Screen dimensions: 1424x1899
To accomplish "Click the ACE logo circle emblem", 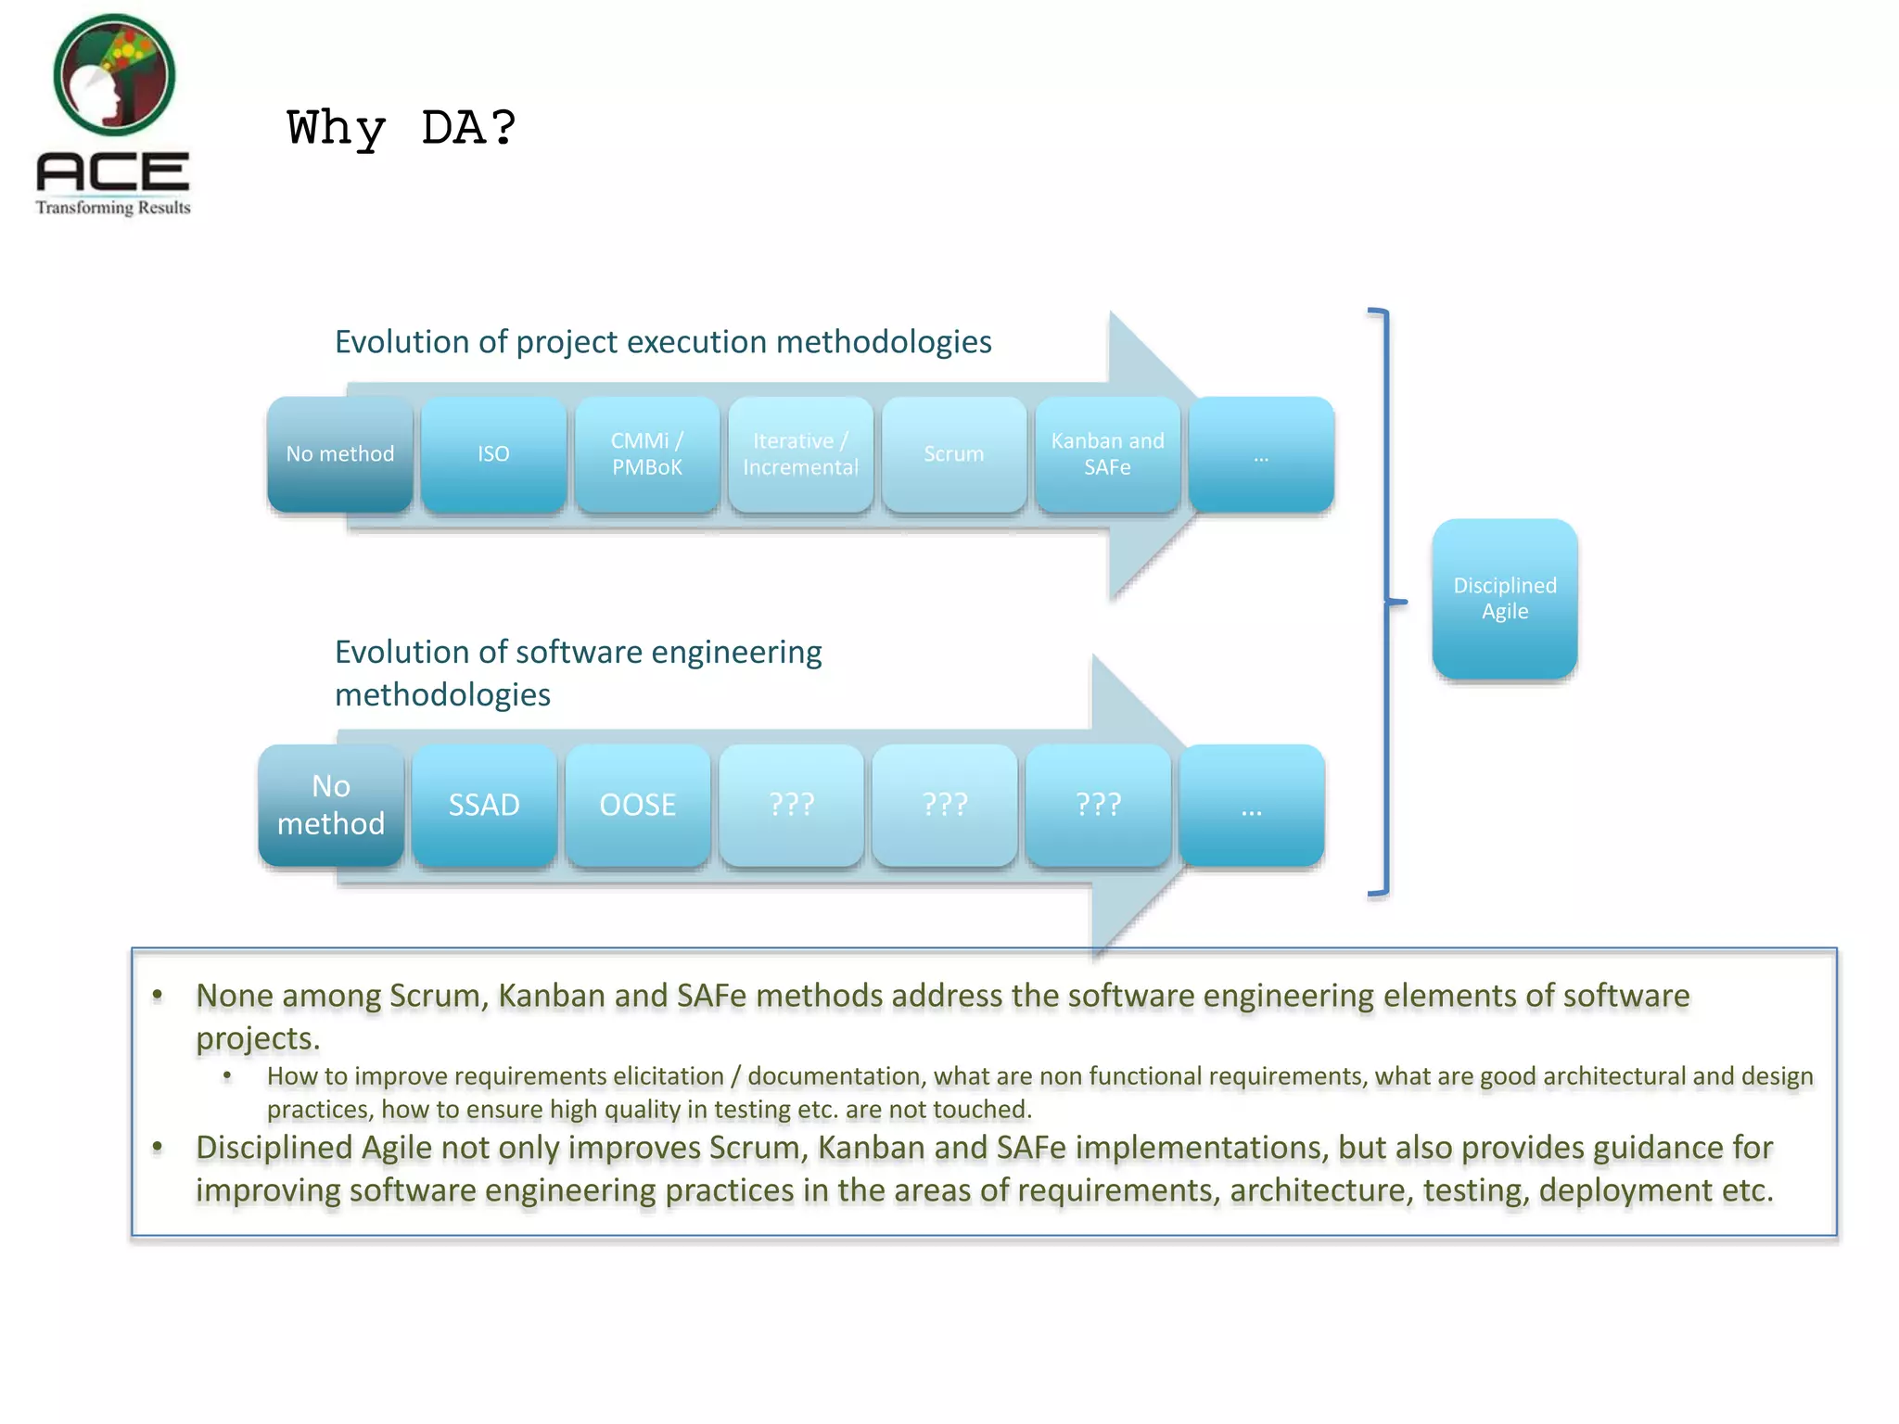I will pyautogui.click(x=114, y=74).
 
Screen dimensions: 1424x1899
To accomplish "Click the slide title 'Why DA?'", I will pyautogui.click(x=401, y=128).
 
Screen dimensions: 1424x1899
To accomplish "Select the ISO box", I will pyautogui.click(x=493, y=454).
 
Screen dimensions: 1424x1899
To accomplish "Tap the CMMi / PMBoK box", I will pyautogui.click(x=647, y=454).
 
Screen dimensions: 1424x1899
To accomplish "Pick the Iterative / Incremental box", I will pyautogui.click(x=800, y=454).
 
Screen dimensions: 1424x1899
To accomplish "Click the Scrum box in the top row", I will pyautogui.click(x=954, y=454).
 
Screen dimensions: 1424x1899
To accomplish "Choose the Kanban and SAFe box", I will pyautogui.click(x=1107, y=454).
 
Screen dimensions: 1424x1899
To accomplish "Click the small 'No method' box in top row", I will pyautogui.click(x=340, y=454).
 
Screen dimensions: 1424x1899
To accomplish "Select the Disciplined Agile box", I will pyautogui.click(x=1504, y=599).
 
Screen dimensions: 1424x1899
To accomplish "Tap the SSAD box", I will pyautogui.click(x=484, y=805).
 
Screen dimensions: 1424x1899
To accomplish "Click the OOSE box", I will pyautogui.click(x=638, y=805).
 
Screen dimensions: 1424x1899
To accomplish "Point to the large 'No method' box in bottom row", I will pyautogui.click(x=331, y=805).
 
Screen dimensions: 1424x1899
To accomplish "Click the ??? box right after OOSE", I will pyautogui.click(x=791, y=805).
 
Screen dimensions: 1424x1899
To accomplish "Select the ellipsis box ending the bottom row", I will pyautogui.click(x=1251, y=805).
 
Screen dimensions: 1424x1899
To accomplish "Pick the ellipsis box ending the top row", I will pyautogui.click(x=1261, y=454).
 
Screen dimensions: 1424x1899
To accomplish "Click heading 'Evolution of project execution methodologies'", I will pyautogui.click(x=663, y=342).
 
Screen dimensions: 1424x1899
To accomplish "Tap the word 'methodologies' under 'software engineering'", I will pyautogui.click(x=442, y=695).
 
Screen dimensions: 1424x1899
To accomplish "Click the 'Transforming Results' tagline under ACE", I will pyautogui.click(x=113, y=208).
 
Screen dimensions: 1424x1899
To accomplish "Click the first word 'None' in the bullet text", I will pyautogui.click(x=235, y=996).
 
